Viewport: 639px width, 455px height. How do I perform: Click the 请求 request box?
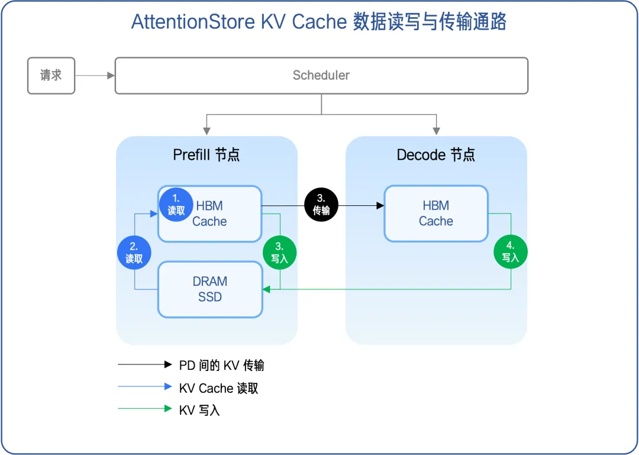point(51,76)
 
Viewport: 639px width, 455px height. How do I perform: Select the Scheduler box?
point(321,76)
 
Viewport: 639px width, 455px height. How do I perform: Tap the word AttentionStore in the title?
point(193,22)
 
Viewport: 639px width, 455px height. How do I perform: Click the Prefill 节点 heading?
point(206,155)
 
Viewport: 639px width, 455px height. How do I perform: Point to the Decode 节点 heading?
point(435,155)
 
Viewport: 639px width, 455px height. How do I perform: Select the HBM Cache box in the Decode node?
point(436,214)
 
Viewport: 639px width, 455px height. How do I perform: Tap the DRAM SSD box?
point(209,289)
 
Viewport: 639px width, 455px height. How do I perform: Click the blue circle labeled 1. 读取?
point(176,204)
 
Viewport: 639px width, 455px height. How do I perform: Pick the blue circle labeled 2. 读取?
point(134,253)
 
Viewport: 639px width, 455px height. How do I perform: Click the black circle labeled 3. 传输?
point(321,205)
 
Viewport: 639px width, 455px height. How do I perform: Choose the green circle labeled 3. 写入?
point(279,253)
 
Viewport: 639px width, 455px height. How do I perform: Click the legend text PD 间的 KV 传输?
point(221,366)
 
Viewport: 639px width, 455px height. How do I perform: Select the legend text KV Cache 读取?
point(218,388)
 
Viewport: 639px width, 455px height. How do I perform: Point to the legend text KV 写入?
point(199,410)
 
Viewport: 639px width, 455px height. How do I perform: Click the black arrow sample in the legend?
point(145,365)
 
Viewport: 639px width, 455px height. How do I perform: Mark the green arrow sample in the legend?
point(145,409)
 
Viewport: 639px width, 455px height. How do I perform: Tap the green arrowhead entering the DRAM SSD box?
point(266,289)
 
